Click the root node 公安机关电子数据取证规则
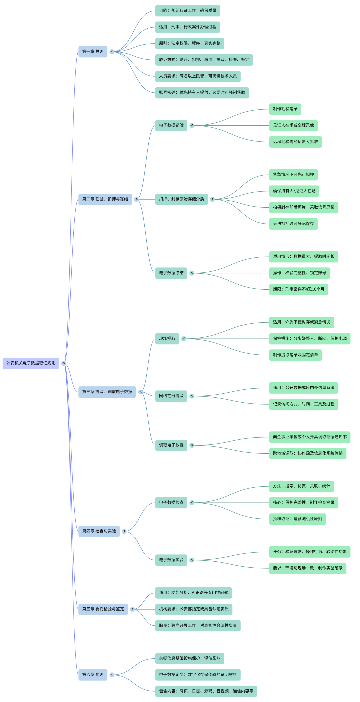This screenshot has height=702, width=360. [x=31, y=363]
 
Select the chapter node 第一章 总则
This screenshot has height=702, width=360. [x=93, y=52]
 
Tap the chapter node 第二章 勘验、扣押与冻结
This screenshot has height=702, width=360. [x=105, y=199]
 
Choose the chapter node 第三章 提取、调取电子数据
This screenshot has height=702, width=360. [x=107, y=392]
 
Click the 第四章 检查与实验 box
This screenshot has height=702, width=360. [x=99, y=531]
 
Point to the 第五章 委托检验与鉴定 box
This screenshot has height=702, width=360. [x=103, y=609]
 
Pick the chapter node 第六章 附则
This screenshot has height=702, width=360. [x=93, y=675]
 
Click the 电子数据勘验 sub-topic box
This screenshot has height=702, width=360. [x=171, y=125]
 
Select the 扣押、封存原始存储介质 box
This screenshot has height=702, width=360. [x=181, y=199]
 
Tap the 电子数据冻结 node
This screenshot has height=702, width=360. [x=171, y=273]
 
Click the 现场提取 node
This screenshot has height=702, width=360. [x=167, y=339]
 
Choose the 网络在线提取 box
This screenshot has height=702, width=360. [x=171, y=396]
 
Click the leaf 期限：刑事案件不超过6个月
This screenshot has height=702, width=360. [x=298, y=289]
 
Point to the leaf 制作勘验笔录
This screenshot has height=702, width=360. [x=285, y=109]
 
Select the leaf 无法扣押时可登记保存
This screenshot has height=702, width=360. [x=293, y=224]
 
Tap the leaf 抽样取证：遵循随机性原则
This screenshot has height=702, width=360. [x=297, y=519]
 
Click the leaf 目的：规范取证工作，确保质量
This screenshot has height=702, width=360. [x=187, y=11]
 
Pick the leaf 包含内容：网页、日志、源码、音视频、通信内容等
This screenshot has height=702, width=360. [x=206, y=691]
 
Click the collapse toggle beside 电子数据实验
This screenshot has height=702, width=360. [x=192, y=560]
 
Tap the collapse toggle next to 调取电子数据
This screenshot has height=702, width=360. [x=192, y=445]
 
